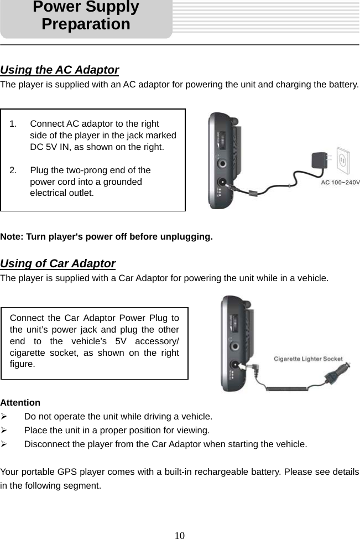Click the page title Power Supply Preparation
click(x=86, y=16)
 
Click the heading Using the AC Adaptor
click(x=60, y=70)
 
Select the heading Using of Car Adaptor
click(x=58, y=263)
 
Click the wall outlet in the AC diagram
click(x=343, y=162)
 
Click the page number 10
click(x=180, y=535)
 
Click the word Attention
click(x=20, y=402)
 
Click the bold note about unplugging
click(x=106, y=237)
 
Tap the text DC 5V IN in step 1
click(x=52, y=147)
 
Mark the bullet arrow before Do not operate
click(x=4, y=416)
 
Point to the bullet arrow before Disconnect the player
click(x=4, y=444)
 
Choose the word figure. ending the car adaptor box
click(x=23, y=364)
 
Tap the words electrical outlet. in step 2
click(x=61, y=193)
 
